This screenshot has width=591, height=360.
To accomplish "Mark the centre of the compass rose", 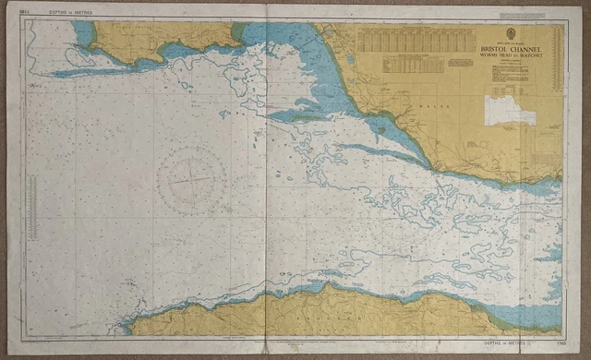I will tap(192, 176).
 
